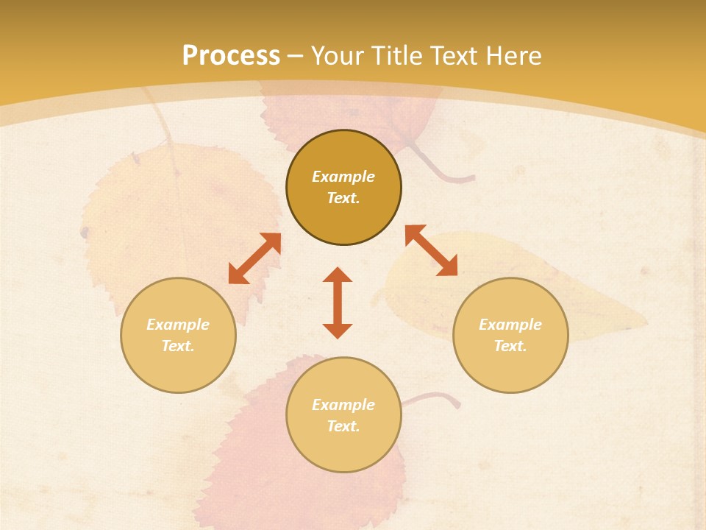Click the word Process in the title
[231, 56]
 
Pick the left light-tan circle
[178, 368]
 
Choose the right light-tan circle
[510, 368]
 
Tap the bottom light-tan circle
[343, 449]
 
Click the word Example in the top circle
[343, 177]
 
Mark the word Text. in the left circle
[178, 346]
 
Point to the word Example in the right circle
[510, 325]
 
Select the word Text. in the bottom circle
[343, 426]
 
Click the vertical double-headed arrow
[338, 303]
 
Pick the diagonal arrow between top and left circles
[254, 258]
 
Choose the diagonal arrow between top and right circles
[431, 250]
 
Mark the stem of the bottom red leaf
[434, 397]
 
